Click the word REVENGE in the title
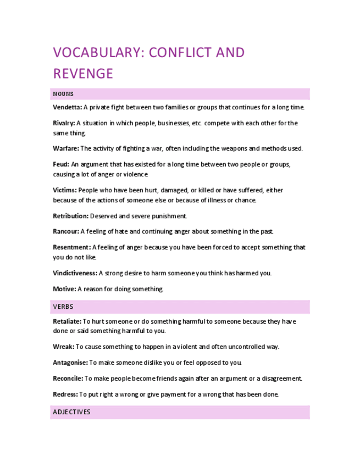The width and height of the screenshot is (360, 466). [83, 74]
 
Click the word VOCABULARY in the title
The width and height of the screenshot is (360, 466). [97, 53]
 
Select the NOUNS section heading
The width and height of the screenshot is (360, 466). [63, 94]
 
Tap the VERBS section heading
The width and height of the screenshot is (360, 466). [63, 307]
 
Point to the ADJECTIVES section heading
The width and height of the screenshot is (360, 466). [71, 412]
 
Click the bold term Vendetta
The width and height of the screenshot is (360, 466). [68, 107]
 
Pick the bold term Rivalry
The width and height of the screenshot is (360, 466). [64, 123]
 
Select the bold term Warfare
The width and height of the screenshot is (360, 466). [66, 148]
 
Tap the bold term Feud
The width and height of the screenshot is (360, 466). [61, 164]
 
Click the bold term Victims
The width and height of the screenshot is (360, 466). [65, 190]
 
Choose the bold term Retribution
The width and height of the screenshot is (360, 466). [70, 216]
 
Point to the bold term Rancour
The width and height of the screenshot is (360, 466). [66, 231]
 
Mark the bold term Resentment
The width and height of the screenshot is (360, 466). [71, 247]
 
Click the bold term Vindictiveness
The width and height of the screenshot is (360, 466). [75, 273]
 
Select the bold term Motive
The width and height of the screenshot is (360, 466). [64, 289]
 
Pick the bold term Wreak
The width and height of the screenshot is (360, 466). [63, 347]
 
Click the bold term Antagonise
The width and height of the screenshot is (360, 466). [70, 363]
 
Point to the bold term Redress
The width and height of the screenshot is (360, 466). [65, 394]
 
